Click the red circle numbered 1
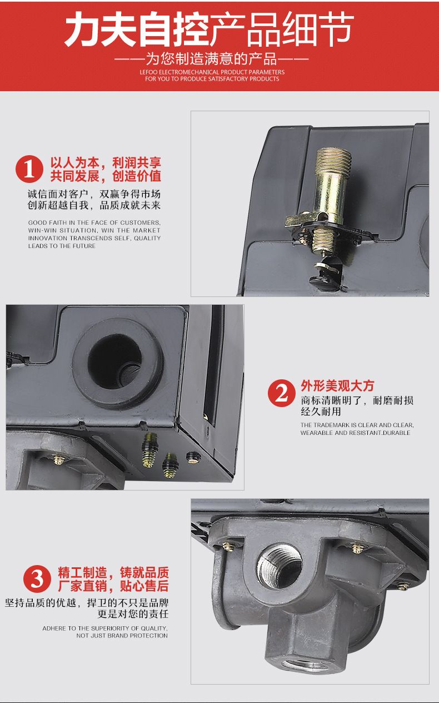point(29,169)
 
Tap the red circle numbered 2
point(282,393)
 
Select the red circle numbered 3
point(37,578)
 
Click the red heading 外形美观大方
point(337,386)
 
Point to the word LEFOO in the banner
point(148,72)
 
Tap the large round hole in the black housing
point(114,362)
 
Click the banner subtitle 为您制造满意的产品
point(212,58)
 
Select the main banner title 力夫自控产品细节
point(209,29)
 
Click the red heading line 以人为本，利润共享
point(106,163)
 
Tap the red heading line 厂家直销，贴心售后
point(113,586)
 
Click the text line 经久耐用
point(321,411)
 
